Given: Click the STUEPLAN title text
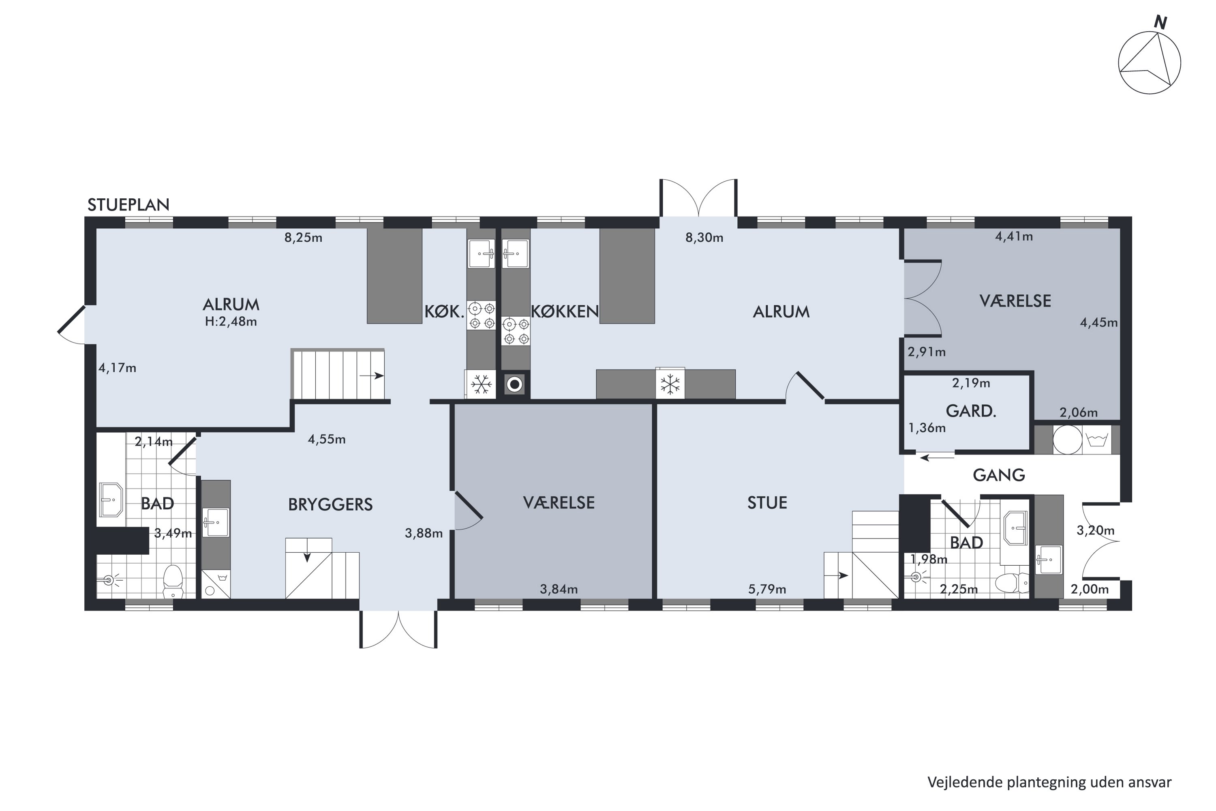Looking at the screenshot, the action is point(128,205).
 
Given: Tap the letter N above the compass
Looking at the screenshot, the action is point(1161,23).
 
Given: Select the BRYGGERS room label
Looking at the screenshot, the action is point(330,504).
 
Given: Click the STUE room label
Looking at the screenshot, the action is point(767,503).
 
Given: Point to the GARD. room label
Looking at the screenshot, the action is point(971,411).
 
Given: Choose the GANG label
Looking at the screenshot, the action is point(999,475).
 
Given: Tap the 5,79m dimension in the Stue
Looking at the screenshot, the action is point(767,589).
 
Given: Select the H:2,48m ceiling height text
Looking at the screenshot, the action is point(231,322).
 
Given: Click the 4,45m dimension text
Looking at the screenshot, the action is point(1098,323).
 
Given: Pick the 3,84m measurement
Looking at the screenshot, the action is point(559,589).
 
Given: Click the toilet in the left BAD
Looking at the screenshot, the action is point(173,582).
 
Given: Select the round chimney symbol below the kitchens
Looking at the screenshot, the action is point(514,384).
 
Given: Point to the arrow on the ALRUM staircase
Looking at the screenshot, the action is point(372,376).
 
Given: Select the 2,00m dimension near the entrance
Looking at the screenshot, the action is point(1090,589).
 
